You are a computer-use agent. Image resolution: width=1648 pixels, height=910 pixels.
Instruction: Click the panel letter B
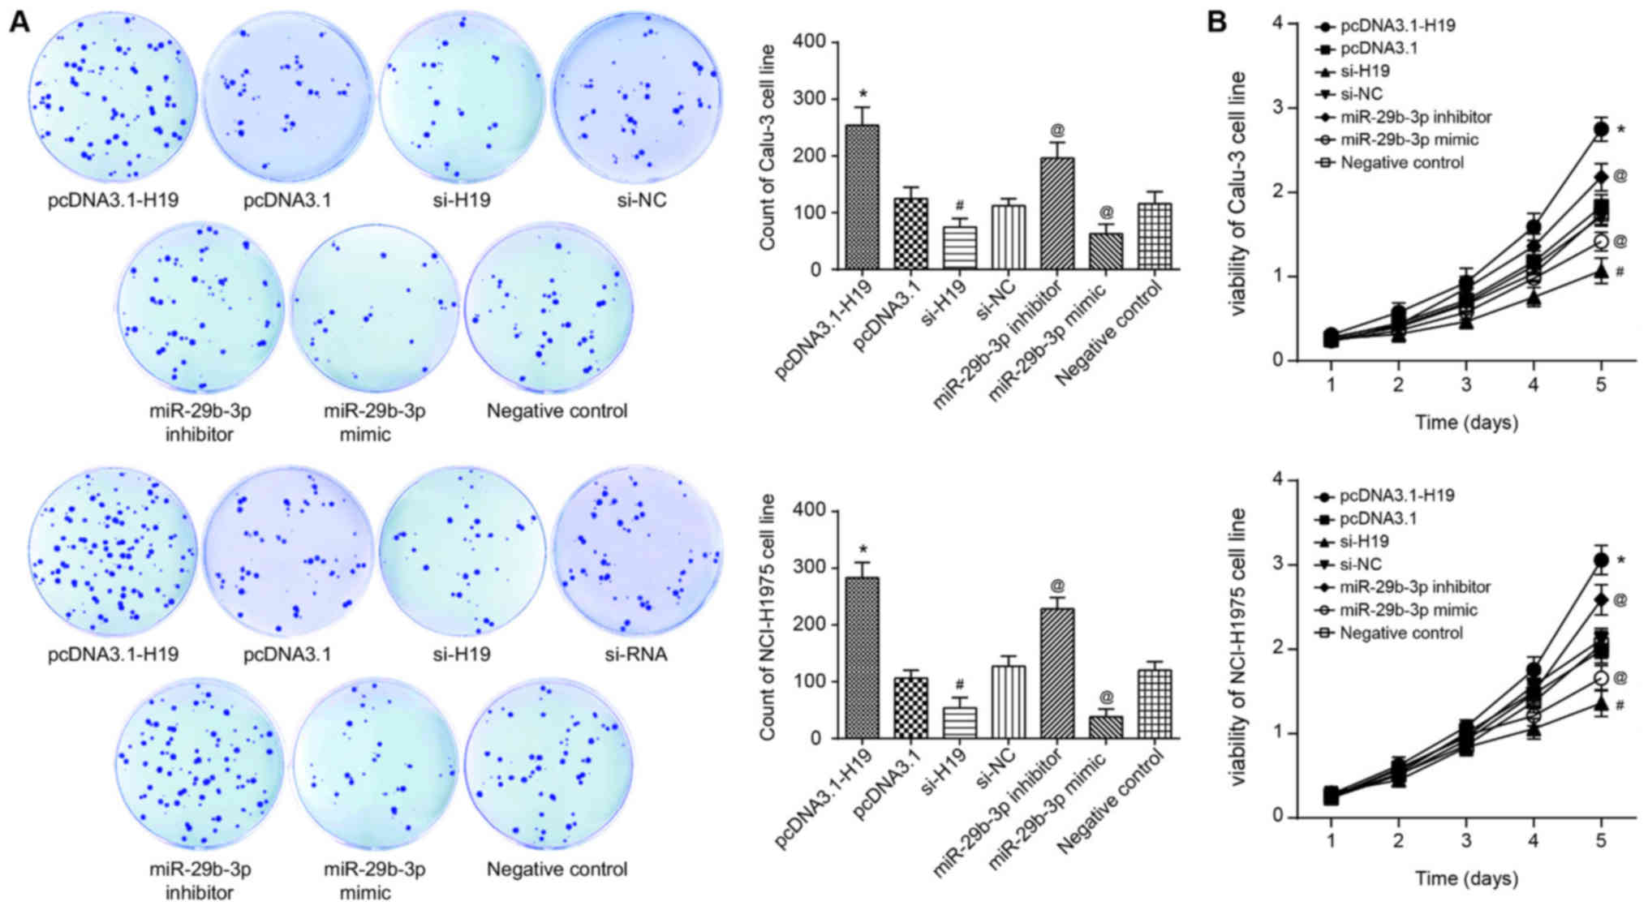[1218, 22]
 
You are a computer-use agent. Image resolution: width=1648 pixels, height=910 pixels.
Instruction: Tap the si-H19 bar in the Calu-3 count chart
[960, 247]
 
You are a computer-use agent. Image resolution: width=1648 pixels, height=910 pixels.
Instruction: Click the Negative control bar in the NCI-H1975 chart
[1155, 703]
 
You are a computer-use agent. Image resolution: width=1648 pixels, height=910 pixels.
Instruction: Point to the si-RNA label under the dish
[636, 654]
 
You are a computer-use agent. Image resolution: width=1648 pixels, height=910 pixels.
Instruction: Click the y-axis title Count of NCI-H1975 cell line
[768, 616]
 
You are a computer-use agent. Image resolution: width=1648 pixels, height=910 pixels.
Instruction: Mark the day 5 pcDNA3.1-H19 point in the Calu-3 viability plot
[1600, 129]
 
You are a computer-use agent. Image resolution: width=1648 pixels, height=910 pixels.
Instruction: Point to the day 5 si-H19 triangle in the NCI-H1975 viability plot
[1600, 703]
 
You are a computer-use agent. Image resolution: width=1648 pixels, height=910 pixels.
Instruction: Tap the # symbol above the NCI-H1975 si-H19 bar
[960, 685]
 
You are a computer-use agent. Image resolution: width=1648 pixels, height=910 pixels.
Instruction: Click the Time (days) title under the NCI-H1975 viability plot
[1465, 878]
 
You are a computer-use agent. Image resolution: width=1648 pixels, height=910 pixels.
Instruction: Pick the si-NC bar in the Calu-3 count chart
[1009, 237]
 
